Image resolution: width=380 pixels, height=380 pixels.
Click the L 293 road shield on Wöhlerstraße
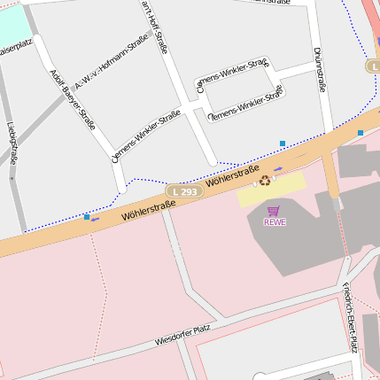pyautogui.click(x=184, y=191)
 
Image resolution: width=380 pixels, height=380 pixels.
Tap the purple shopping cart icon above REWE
pyautogui.click(x=274, y=211)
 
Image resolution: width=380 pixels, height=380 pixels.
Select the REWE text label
pyautogui.click(x=275, y=222)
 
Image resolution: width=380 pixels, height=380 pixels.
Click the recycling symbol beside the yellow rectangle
pyautogui.click(x=264, y=181)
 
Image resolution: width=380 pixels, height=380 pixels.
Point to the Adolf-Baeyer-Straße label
pyautogui.click(x=73, y=99)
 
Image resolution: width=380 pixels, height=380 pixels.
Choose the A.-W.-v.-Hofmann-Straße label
pyautogui.click(x=112, y=62)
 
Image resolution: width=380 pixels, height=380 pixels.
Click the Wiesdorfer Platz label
pyautogui.click(x=182, y=335)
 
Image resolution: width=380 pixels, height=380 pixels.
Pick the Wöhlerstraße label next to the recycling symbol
pyautogui.click(x=233, y=175)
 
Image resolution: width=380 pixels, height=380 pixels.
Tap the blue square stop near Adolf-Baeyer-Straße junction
pyautogui.click(x=87, y=216)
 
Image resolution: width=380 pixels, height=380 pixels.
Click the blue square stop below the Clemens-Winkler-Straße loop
pyautogui.click(x=283, y=143)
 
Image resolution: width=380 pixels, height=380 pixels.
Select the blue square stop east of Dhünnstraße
pyautogui.click(x=361, y=133)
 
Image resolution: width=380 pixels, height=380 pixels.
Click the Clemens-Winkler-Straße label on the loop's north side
pyautogui.click(x=232, y=76)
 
